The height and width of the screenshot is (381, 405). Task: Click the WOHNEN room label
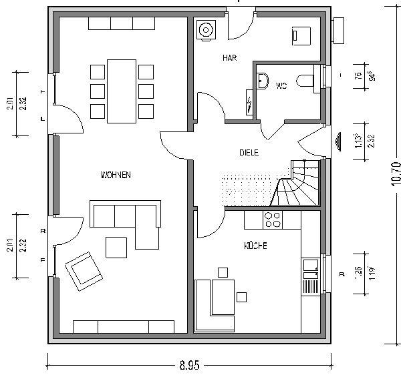pyautogui.click(x=115, y=175)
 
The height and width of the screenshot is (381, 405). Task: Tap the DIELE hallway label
pyautogui.click(x=249, y=152)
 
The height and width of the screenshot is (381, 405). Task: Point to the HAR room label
pyautogui.click(x=230, y=58)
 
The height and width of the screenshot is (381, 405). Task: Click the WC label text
pyautogui.click(x=281, y=85)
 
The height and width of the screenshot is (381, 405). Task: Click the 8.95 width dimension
pyautogui.click(x=189, y=366)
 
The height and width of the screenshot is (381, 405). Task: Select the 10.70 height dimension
pyautogui.click(x=395, y=172)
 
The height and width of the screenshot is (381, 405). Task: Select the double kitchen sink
pyautogui.click(x=310, y=267)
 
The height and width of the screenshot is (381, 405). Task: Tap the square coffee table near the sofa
pyautogui.click(x=117, y=246)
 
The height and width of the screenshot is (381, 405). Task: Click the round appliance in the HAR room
pyautogui.click(x=207, y=30)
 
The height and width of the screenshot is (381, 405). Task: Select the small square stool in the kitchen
pyautogui.click(x=241, y=296)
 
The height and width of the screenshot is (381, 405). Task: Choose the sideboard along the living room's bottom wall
pyautogui.click(x=124, y=326)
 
